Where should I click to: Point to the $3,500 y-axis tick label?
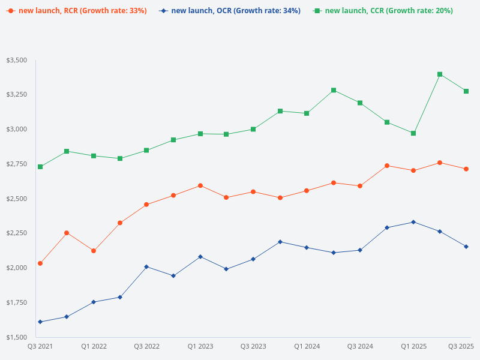click(16, 61)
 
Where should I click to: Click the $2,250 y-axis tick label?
click(16, 233)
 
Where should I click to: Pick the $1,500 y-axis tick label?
click(16, 337)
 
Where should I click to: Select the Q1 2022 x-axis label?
click(94, 346)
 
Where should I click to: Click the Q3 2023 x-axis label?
click(253, 346)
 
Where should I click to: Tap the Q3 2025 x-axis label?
click(461, 346)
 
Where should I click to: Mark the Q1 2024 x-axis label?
click(307, 346)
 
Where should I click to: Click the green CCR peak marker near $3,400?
click(440, 74)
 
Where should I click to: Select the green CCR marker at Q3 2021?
click(40, 167)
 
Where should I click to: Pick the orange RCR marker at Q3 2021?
click(40, 263)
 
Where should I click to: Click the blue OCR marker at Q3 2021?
click(40, 322)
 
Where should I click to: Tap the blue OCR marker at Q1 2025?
click(413, 222)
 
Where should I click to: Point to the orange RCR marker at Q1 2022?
click(94, 251)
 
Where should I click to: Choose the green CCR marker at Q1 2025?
click(413, 133)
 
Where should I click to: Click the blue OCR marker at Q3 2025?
click(466, 247)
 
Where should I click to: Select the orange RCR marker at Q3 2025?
click(466, 169)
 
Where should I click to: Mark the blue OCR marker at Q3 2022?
click(146, 266)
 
